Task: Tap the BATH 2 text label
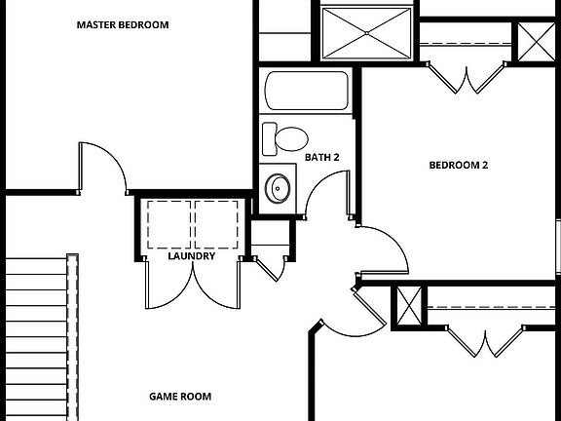point(321,157)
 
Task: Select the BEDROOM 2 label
point(458,165)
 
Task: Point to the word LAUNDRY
point(191,256)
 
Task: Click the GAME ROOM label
point(180,397)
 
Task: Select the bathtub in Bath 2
point(307,93)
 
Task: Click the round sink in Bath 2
point(280,187)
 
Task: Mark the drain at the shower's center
point(366,32)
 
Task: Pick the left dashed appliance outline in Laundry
point(169,223)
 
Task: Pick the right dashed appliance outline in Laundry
point(216,223)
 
